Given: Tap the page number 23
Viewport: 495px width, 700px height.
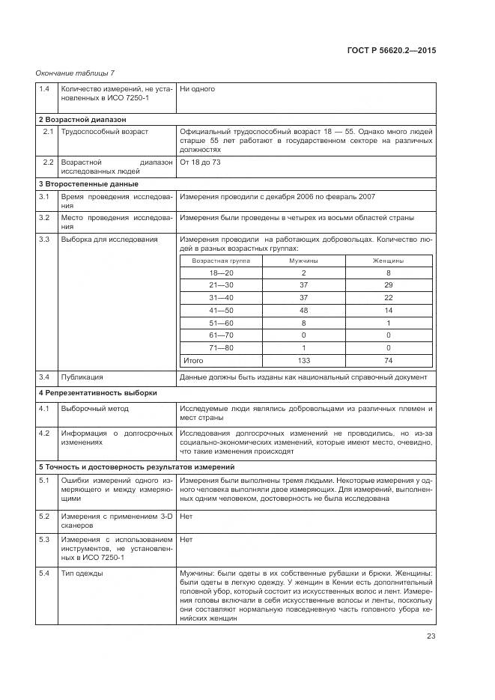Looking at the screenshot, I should pos(431,636).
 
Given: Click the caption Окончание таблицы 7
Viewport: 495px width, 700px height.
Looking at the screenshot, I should pos(75,73).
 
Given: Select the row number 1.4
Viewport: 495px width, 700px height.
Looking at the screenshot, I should pos(44,89).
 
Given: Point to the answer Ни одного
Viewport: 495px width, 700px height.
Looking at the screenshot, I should pos(197,89).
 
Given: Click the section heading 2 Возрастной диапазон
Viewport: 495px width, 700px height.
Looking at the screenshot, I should pos(82,119).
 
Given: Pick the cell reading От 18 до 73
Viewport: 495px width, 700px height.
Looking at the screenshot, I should pos(200,162).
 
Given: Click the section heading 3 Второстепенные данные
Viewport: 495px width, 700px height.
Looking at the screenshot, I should pos(88,184).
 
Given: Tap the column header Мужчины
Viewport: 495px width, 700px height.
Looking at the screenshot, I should pos(303,261).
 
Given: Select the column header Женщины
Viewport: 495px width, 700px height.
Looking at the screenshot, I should pos(388,261).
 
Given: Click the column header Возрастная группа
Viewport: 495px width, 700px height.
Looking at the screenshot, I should pos(221,261).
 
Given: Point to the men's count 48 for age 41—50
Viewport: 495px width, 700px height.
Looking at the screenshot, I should pos(303,310).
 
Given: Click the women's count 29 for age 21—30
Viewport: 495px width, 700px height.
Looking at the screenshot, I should pos(388,285).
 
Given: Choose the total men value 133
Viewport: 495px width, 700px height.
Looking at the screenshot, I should pos(303,360).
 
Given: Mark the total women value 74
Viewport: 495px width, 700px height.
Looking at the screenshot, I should pos(388,360).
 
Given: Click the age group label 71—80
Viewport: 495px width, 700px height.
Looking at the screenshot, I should pos(222,347).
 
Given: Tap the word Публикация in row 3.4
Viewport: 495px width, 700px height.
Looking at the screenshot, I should pos(82,377).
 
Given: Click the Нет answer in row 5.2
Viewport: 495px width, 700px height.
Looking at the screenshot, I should pos(186,517).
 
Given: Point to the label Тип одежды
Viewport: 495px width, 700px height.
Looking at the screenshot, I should pos(82,573).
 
